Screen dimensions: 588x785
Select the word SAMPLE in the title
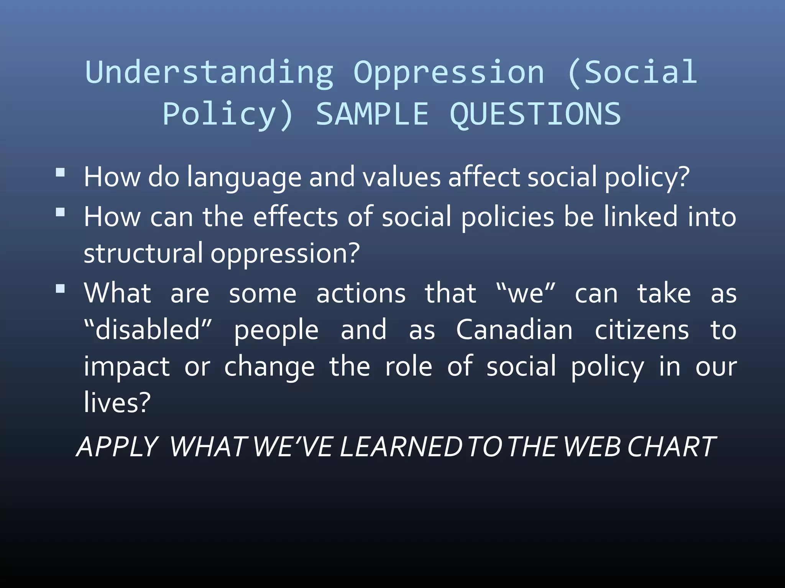pyautogui.click(x=372, y=114)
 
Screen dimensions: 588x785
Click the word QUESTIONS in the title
pyautogui.click(x=535, y=114)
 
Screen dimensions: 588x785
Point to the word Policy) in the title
pyautogui.click(x=228, y=114)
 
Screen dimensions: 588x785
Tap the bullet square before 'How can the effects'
pyautogui.click(x=60, y=212)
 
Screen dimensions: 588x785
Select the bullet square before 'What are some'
pyautogui.click(x=60, y=288)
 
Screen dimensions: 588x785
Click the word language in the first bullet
pyautogui.click(x=244, y=178)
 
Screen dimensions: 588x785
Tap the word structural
pyautogui.click(x=143, y=253)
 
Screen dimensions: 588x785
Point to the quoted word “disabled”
pyautogui.click(x=148, y=330)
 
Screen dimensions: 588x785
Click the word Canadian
pyautogui.click(x=514, y=330)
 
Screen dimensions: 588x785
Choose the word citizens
pyautogui.click(x=642, y=330)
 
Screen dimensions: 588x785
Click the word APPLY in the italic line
pyautogui.click(x=117, y=447)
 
